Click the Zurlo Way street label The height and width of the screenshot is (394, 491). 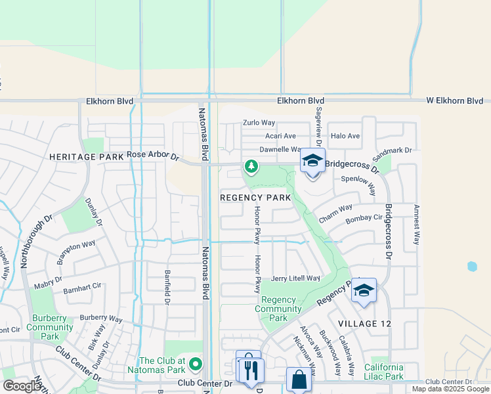click(x=259, y=123)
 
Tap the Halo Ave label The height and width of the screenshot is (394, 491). click(x=345, y=136)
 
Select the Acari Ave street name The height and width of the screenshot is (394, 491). click(x=280, y=136)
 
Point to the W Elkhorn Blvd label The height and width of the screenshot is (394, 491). click(x=455, y=101)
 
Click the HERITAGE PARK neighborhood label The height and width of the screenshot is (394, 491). click(x=86, y=158)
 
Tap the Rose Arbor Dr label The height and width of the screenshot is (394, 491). click(x=153, y=156)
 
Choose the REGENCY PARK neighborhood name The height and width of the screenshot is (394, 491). click(x=255, y=198)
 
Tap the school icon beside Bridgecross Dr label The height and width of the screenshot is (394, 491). click(x=312, y=162)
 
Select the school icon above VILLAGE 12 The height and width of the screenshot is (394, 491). click(x=364, y=290)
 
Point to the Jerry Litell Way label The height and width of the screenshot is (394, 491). click(x=295, y=278)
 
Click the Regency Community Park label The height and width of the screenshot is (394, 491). click(x=278, y=309)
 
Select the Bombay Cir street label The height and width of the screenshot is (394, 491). click(x=364, y=218)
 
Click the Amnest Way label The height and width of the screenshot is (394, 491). click(x=416, y=225)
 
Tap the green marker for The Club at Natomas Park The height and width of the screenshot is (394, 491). click(x=195, y=364)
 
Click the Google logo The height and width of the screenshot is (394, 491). click(x=22, y=386)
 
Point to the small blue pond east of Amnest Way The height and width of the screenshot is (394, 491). click(x=471, y=267)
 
